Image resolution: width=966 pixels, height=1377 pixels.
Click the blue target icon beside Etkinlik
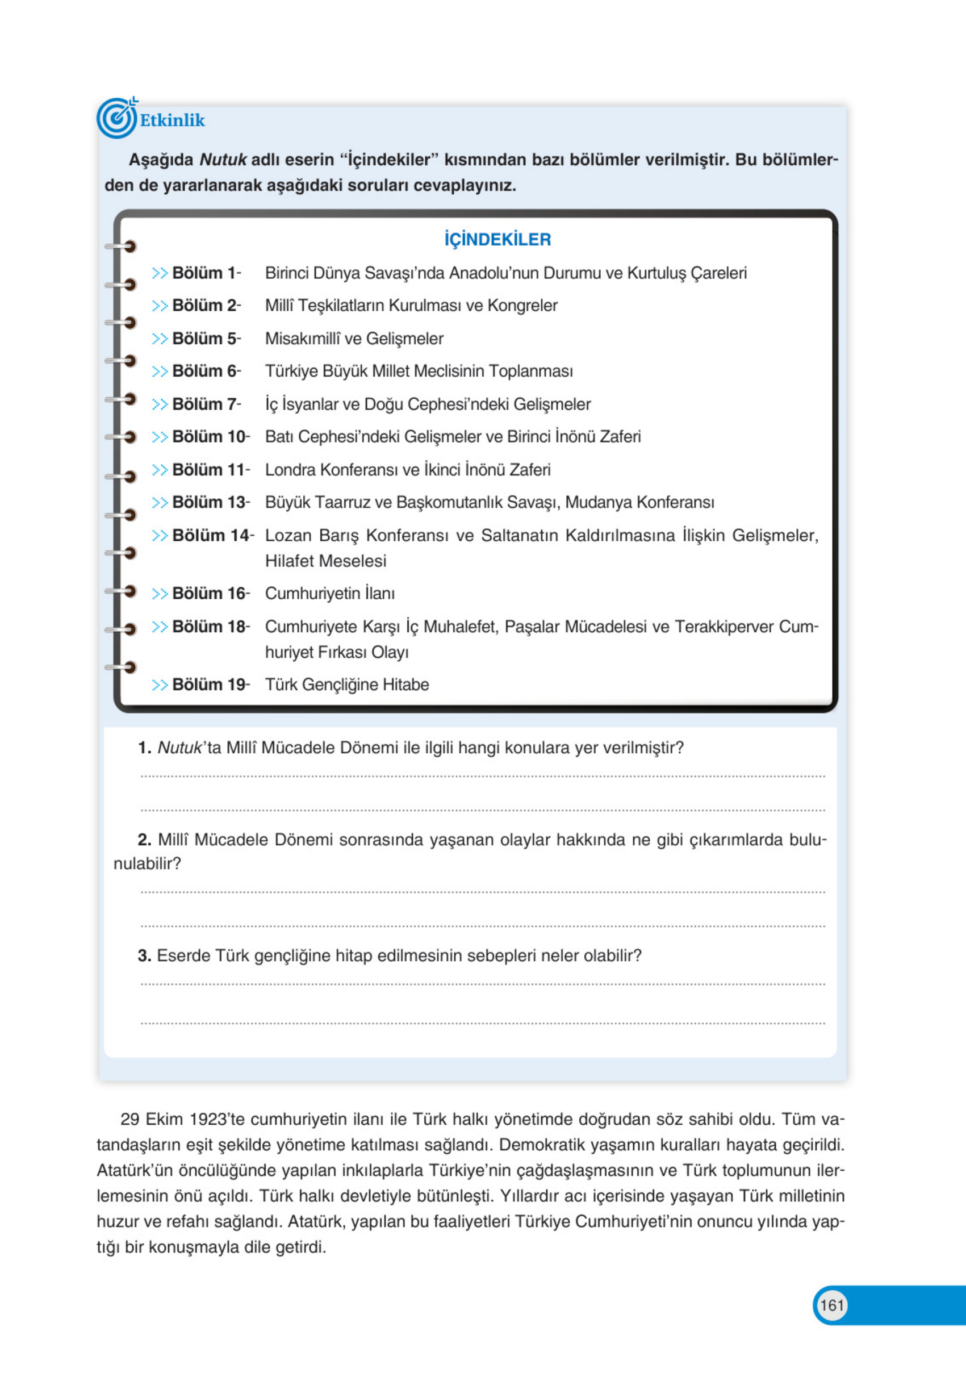click(116, 119)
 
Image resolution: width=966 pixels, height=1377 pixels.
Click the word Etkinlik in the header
click(172, 120)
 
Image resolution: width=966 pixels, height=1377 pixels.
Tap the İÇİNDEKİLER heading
click(497, 240)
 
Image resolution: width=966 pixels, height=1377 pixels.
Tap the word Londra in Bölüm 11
click(290, 470)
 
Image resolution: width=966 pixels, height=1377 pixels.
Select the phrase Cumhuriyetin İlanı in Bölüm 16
click(330, 594)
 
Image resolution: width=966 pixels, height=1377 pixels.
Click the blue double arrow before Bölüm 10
click(160, 437)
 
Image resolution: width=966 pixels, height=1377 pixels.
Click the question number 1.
click(144, 748)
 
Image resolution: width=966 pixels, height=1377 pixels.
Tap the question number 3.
click(144, 955)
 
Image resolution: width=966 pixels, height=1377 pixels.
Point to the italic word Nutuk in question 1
click(180, 748)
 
